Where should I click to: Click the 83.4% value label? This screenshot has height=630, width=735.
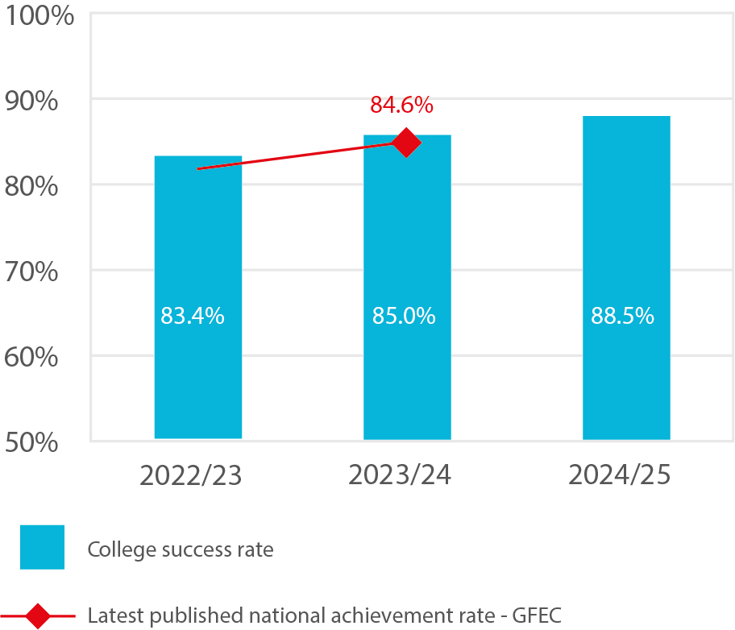click(192, 317)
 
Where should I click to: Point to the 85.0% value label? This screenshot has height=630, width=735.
click(404, 317)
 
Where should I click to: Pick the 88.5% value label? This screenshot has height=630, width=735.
click(622, 317)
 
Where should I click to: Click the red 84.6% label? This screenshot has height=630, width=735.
click(401, 105)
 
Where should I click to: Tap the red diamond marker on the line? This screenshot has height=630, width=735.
click(405, 143)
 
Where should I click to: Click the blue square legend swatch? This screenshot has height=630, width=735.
click(42, 548)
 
